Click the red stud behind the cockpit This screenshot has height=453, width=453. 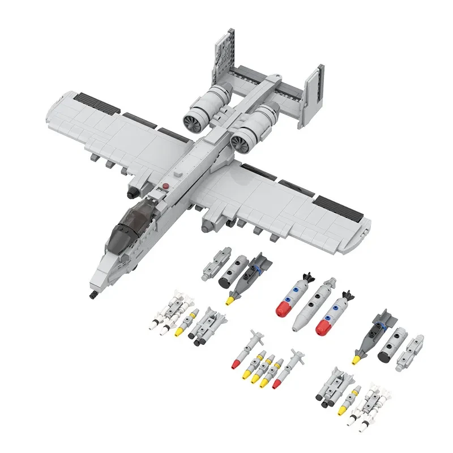pyautogui.click(x=165, y=186)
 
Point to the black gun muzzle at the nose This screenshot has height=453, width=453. pyautogui.click(x=91, y=295)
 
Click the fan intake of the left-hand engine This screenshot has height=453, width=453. pyautogui.click(x=191, y=119)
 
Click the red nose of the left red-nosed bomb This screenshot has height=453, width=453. pyautogui.click(x=283, y=309)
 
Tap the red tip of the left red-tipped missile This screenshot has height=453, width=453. pyautogui.click(x=234, y=365)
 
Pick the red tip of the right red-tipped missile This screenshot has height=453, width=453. pyautogui.click(x=277, y=383)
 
